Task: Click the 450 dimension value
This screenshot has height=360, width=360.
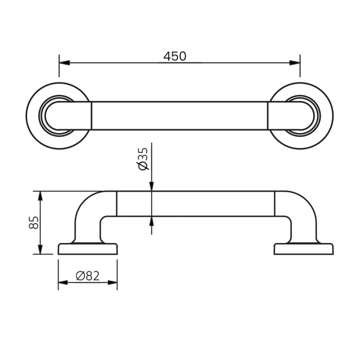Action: tap(175, 56)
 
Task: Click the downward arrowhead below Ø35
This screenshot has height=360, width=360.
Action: tap(151, 186)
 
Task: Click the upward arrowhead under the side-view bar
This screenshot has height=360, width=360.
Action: tap(151, 220)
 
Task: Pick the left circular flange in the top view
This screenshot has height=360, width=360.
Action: tap(36, 116)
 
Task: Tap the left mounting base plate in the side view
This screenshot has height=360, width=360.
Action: tap(88, 249)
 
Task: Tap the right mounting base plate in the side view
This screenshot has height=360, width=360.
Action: tap(304, 249)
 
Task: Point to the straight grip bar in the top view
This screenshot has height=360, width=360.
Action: tap(180, 116)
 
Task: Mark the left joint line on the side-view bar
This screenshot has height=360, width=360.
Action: tap(117, 203)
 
